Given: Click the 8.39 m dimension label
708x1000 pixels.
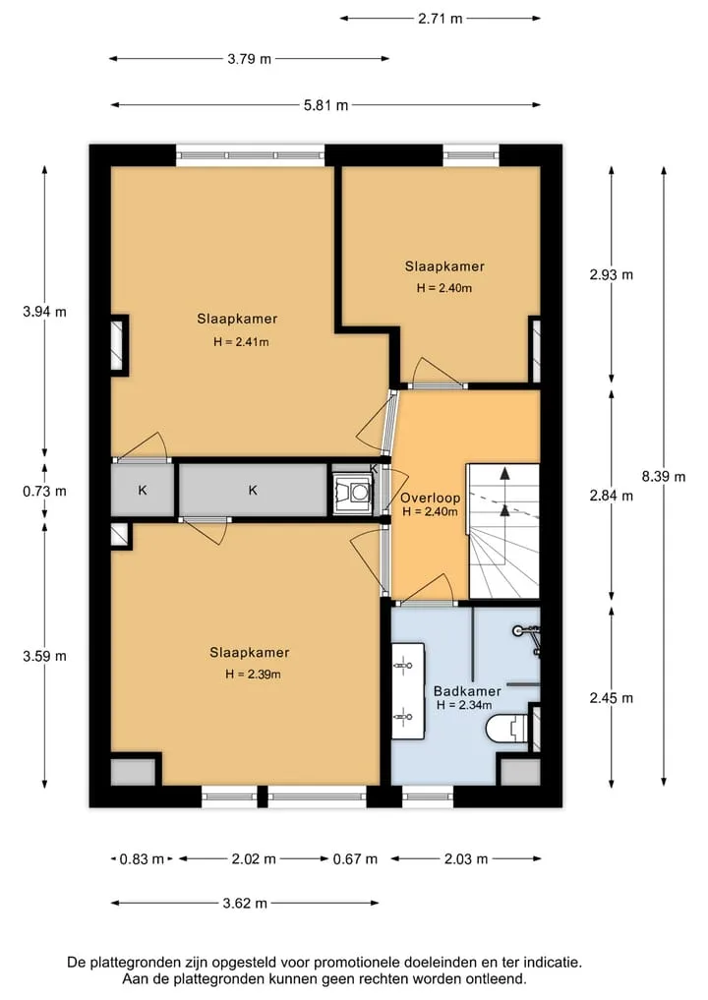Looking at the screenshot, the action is click(664, 477).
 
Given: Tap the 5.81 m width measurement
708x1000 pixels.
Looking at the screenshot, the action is click(325, 105).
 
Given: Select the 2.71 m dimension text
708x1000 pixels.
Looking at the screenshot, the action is click(441, 19).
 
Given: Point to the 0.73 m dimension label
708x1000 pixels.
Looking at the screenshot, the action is click(44, 491).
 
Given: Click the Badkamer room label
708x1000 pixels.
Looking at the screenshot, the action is click(467, 690).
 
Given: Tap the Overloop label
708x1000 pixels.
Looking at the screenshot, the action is click(430, 499).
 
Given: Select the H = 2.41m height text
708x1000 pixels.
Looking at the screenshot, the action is click(241, 342).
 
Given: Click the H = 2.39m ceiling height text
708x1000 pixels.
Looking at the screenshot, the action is click(253, 675).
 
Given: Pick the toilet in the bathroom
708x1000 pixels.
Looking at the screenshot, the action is click(507, 729).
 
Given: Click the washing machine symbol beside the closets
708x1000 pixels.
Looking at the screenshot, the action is click(351, 492).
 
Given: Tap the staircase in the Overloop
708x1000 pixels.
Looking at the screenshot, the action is click(503, 531).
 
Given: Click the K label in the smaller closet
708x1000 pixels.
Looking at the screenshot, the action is click(143, 491).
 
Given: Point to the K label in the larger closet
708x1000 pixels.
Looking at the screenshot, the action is click(253, 491).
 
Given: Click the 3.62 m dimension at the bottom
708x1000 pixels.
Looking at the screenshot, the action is click(245, 903).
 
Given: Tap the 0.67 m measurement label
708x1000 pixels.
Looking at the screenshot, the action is click(355, 859).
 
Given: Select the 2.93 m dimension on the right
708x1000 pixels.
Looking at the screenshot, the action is click(611, 275).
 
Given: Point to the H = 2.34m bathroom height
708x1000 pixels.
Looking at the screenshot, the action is click(464, 705).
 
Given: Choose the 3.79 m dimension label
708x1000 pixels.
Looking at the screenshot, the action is click(250, 59).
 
